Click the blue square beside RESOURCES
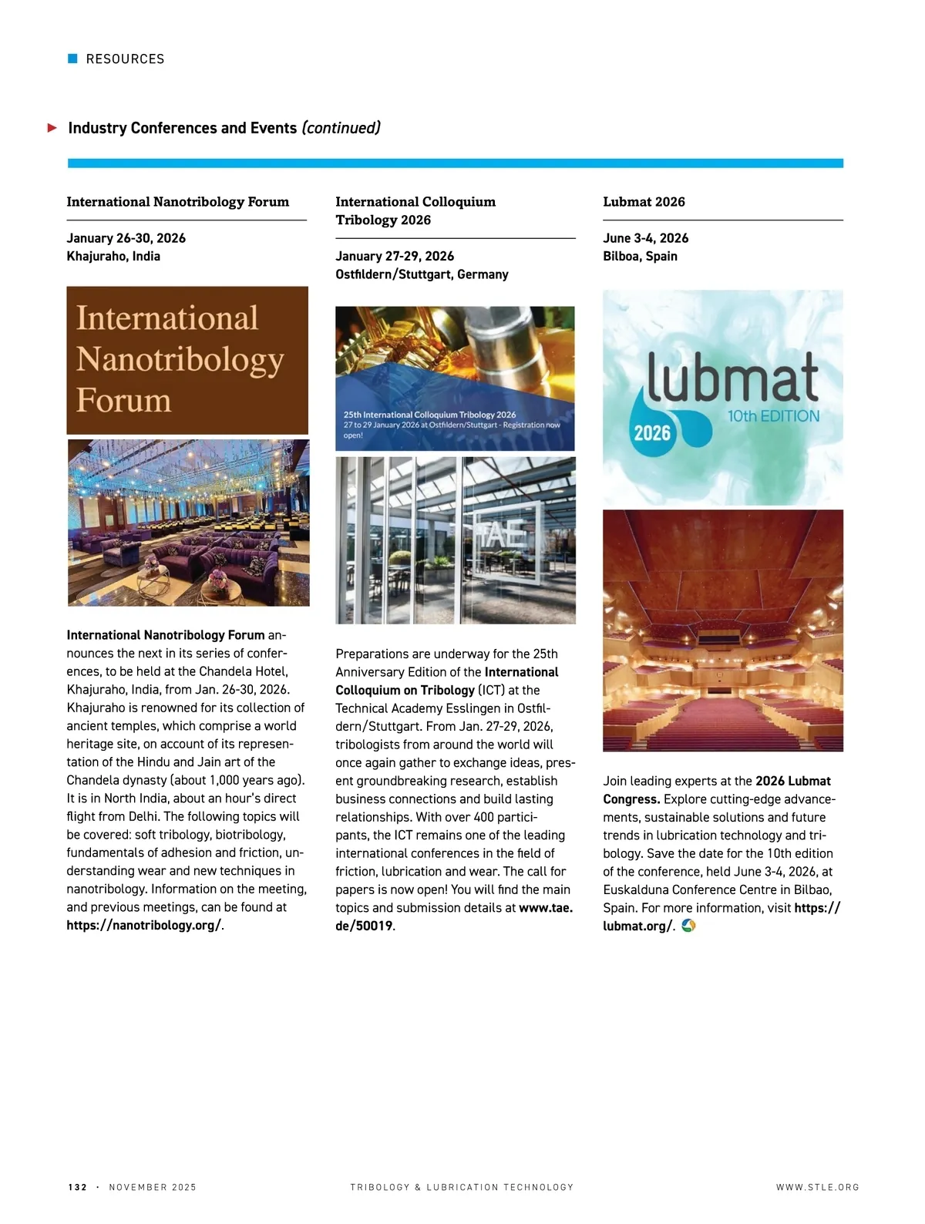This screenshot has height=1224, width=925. click(x=73, y=59)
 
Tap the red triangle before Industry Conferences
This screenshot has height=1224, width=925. click(x=52, y=128)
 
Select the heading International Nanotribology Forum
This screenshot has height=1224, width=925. click(x=177, y=202)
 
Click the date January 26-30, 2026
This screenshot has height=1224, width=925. click(x=126, y=238)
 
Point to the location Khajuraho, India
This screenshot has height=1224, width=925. click(x=113, y=256)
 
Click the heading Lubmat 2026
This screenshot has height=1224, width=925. click(x=644, y=202)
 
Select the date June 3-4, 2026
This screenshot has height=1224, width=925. click(x=645, y=238)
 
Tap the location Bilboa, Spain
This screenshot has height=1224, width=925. click(x=640, y=256)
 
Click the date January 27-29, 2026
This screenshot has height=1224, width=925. click(x=395, y=256)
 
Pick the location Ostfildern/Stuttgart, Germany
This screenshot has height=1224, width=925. click(x=422, y=274)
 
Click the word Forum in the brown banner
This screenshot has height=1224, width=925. click(x=123, y=400)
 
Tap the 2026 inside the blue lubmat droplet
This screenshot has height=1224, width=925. click(x=652, y=432)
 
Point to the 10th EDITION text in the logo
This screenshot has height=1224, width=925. click(x=773, y=416)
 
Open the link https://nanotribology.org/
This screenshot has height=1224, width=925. click(x=143, y=925)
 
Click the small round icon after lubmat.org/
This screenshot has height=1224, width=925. click(x=688, y=925)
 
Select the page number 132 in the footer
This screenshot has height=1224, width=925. click(x=78, y=1187)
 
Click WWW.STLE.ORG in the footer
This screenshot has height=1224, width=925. click(x=817, y=1187)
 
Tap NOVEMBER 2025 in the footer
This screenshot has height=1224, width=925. click(x=153, y=1187)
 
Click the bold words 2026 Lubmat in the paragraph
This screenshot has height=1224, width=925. click(x=792, y=781)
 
